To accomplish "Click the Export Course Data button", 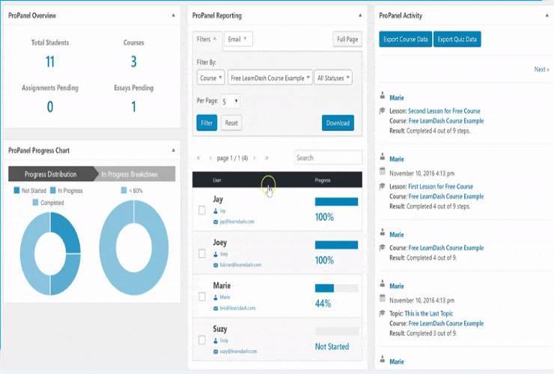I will [405, 39].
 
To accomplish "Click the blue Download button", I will [338, 123].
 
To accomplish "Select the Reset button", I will [231, 123].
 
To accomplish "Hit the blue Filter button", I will [207, 123].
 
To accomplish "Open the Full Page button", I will [347, 39].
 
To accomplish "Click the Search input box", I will [328, 158].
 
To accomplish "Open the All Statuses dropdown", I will [333, 77].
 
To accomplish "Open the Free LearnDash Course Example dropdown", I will [271, 77].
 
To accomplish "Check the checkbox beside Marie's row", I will [202, 297].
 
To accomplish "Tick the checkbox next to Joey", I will [202, 254].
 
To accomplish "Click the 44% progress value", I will [323, 304].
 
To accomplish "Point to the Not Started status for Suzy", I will [332, 346].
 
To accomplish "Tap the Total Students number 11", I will [49, 61].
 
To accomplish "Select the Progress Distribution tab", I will [50, 174].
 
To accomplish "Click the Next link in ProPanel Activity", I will [541, 70].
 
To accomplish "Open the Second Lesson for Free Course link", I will [444, 111].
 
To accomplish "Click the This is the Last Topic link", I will [441, 313].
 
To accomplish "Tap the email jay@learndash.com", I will [237, 221].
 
